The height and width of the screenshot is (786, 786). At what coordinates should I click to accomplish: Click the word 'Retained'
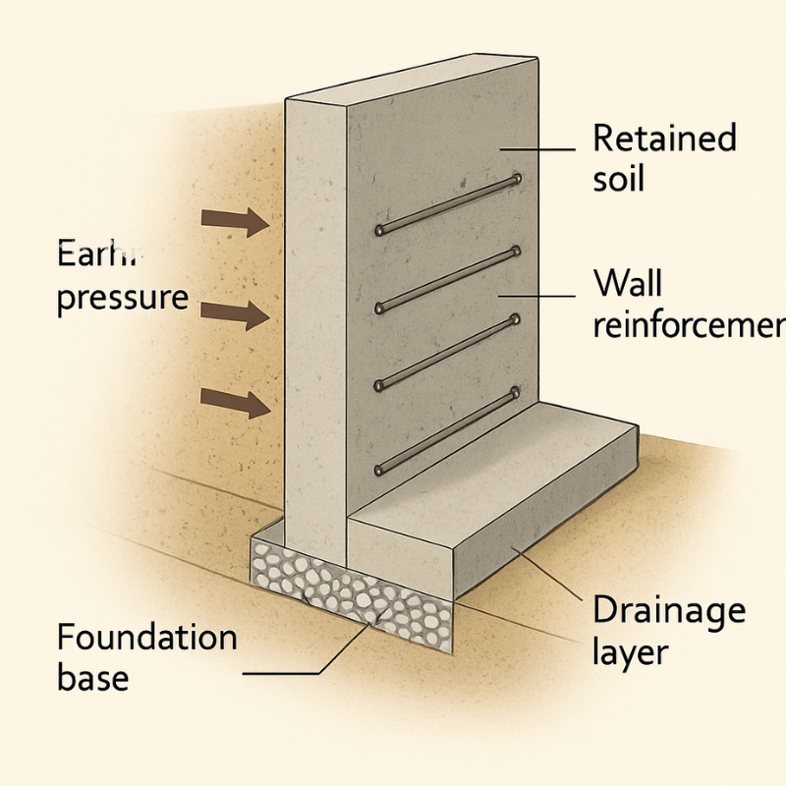coord(664,139)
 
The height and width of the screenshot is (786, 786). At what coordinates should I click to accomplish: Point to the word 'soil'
coord(618,181)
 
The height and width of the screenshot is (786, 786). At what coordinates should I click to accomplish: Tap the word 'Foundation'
coord(146,638)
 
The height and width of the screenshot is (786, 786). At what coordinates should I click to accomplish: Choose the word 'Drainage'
coord(669,611)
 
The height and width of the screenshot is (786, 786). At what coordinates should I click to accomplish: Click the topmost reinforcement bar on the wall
coord(447,204)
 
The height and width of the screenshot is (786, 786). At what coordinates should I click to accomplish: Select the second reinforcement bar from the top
coord(447,280)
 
